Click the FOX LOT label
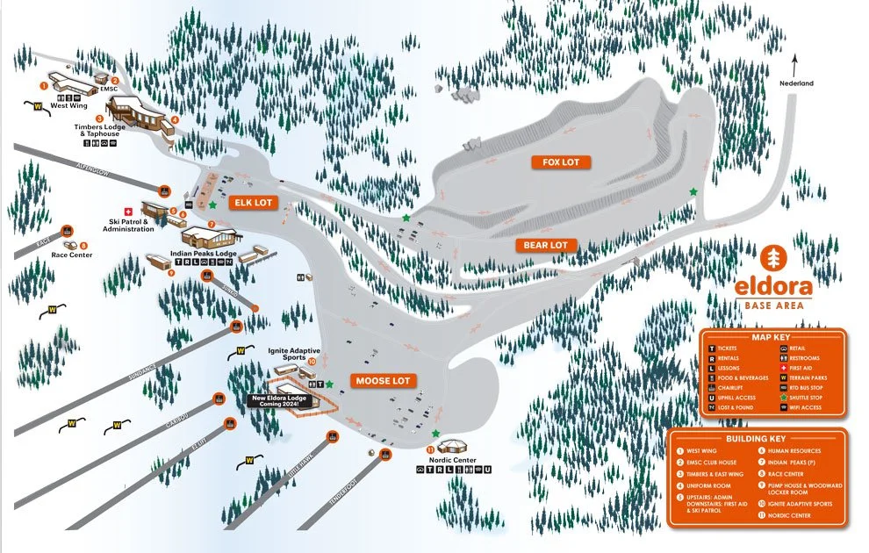pos(561,162)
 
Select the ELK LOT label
pos(253,203)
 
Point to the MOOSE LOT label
pos(383,381)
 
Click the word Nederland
pos(796,83)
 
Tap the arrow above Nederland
pos(795,64)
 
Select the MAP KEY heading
pos(772,337)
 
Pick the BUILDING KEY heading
pos(756,438)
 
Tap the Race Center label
pos(71,255)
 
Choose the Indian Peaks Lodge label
pos(204,254)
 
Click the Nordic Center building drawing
pos(455,448)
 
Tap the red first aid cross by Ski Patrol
pos(128,211)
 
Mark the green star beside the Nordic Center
pos(435,434)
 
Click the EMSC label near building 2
pos(108,89)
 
